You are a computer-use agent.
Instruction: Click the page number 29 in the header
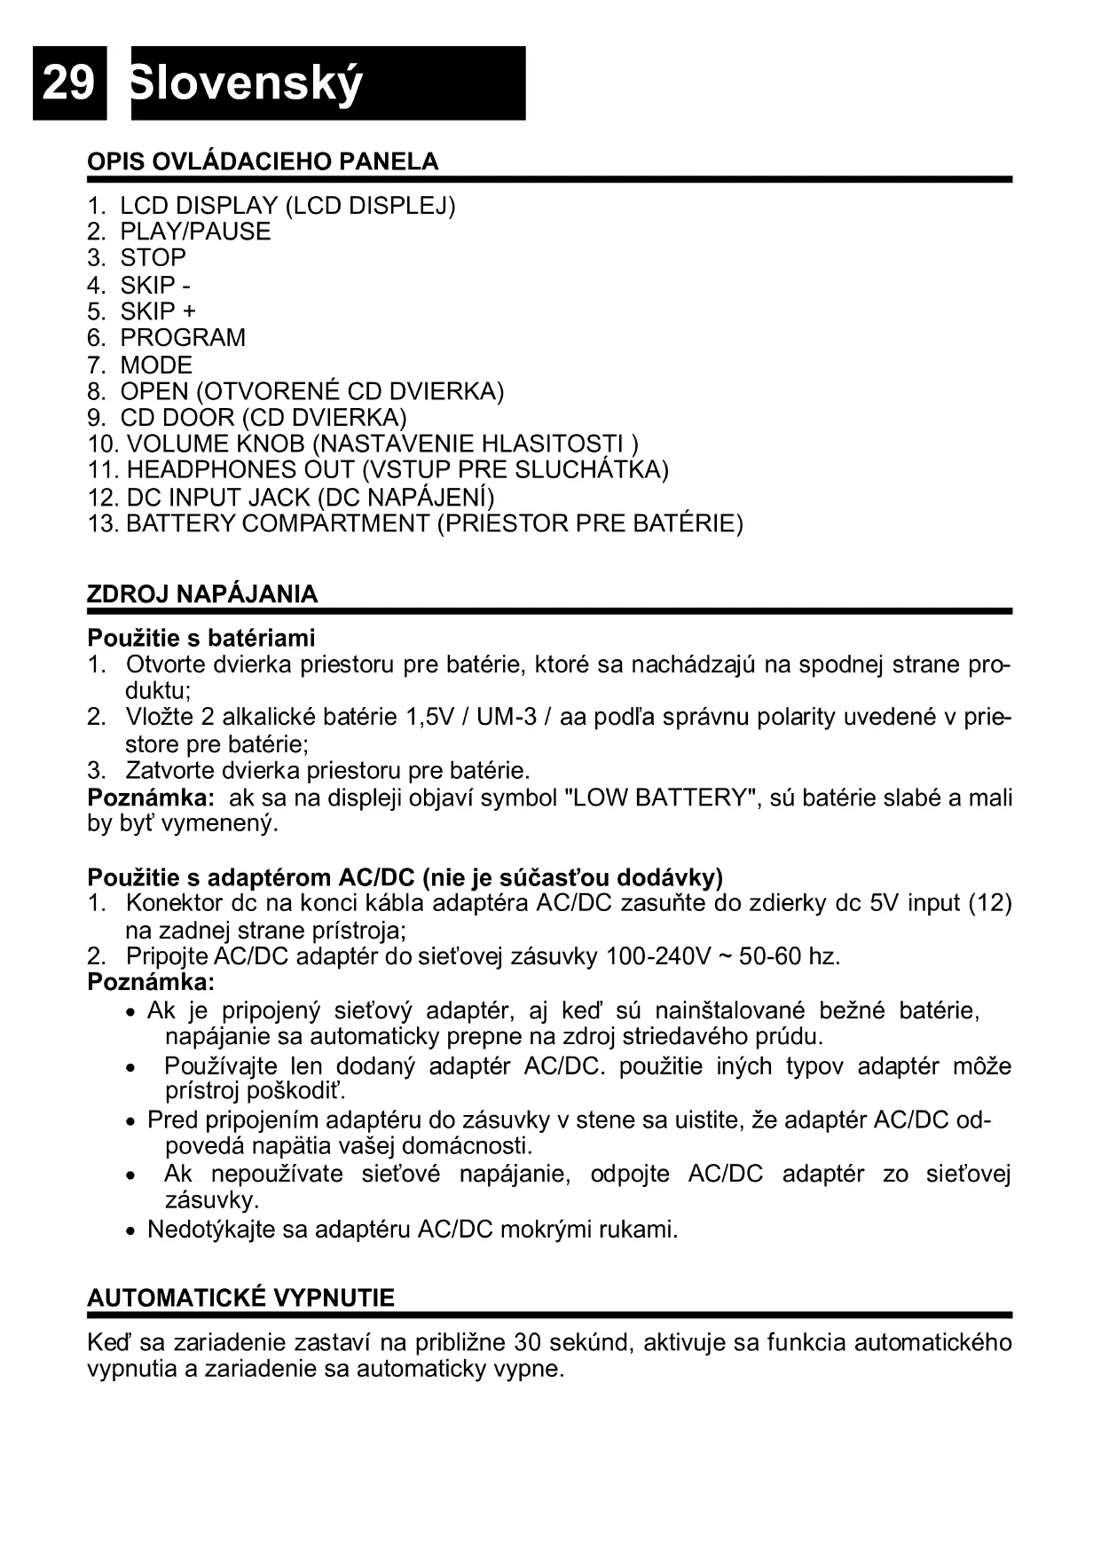point(68,83)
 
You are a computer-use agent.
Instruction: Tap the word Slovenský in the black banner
point(246,84)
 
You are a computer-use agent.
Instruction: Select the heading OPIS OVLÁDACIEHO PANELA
point(263,161)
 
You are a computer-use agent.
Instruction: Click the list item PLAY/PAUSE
point(195,232)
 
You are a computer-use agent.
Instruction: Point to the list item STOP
point(153,258)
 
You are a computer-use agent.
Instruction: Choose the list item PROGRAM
point(183,338)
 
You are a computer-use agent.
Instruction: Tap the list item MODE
point(156,365)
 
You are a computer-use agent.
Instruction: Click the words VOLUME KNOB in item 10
point(216,444)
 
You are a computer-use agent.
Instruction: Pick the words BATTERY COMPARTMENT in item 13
point(278,523)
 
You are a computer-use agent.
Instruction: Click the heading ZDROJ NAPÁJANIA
point(202,594)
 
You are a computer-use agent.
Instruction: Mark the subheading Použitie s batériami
point(201,638)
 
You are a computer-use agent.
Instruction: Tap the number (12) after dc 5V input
point(989,903)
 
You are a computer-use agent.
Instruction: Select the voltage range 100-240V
point(658,956)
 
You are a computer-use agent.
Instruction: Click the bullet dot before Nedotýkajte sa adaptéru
point(131,1231)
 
